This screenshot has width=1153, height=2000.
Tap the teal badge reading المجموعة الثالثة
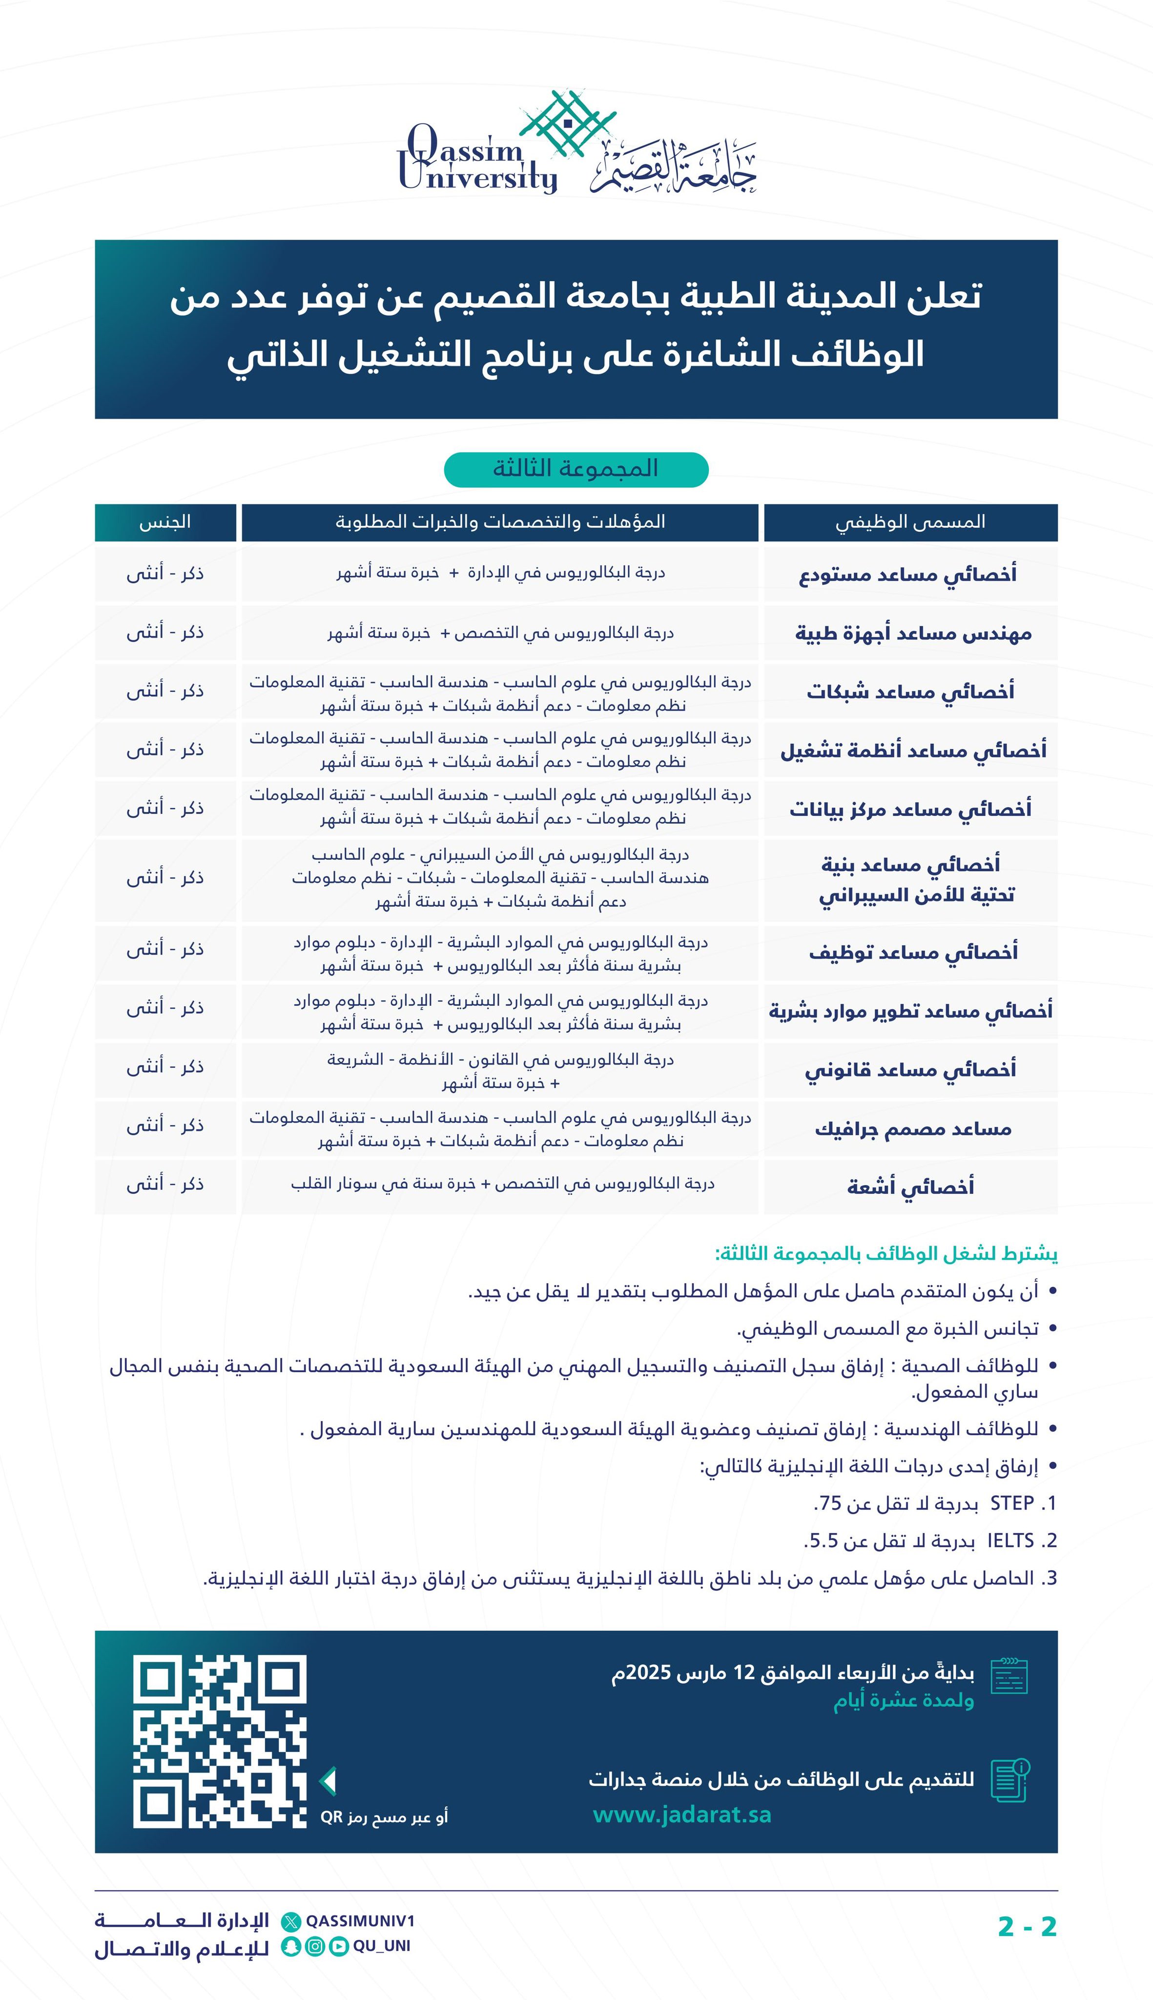pos(576,469)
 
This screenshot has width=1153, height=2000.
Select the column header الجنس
pos(165,522)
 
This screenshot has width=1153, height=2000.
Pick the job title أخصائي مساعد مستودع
pos(907,573)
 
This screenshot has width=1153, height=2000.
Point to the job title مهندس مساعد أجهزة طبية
pos(913,633)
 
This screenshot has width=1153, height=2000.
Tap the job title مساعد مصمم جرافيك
pos(913,1129)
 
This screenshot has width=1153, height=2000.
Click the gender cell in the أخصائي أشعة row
pos(165,1184)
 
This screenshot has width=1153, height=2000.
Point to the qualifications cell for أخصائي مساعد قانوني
pos(500,1071)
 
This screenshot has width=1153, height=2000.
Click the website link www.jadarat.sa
pos(682,1814)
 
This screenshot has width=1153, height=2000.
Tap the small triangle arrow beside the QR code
pos(328,1781)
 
